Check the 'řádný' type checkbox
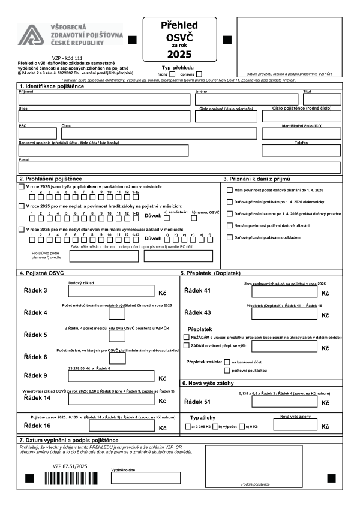pyautogui.click(x=173, y=74)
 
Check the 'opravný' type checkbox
pyautogui.click(x=199, y=74)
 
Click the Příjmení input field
pyautogui.click(x=104, y=100)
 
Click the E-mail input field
pyautogui.click(x=179, y=168)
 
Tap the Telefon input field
pyautogui.click(x=301, y=150)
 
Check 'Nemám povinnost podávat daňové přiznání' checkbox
pyautogui.click(x=230, y=225)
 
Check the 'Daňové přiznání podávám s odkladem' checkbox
pyautogui.click(x=230, y=237)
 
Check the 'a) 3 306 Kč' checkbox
pyautogui.click(x=188, y=427)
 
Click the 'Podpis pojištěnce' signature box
pyautogui.click(x=255, y=465)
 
